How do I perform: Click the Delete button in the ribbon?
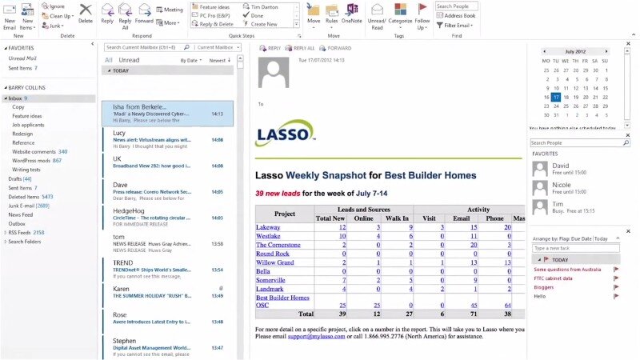(86, 14)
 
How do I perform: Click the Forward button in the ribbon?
(143, 14)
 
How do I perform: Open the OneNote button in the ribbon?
(352, 14)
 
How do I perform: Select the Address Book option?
(459, 15)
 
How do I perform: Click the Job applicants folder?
(28, 125)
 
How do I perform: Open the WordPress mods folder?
(31, 160)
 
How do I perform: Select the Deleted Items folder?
(25, 196)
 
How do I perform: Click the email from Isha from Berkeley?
(167, 114)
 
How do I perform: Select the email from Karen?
(167, 292)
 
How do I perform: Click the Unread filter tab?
(129, 60)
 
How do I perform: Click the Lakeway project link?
(268, 227)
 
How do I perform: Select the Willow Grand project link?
(274, 262)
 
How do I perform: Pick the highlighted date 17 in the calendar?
(555, 98)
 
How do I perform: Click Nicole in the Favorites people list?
(561, 184)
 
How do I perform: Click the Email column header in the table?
(461, 218)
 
